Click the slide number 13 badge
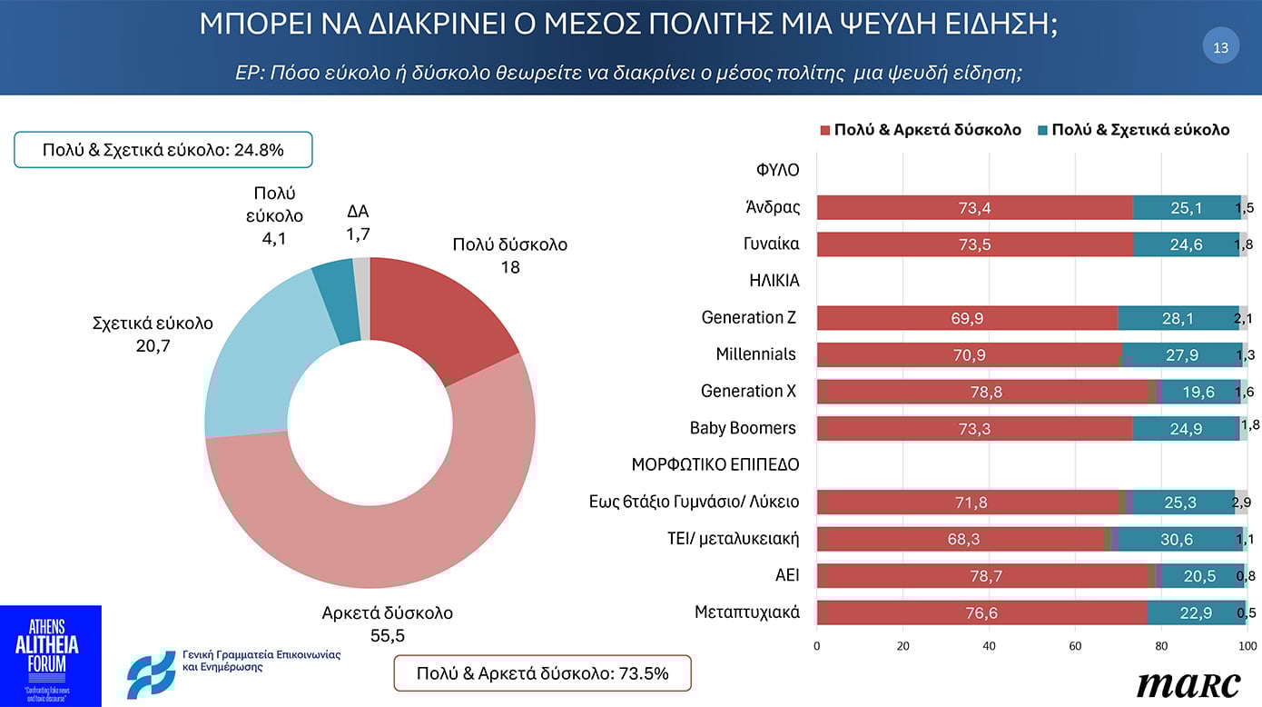(x=1220, y=47)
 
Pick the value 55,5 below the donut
(x=387, y=635)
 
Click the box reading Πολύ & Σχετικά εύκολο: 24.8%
(x=163, y=150)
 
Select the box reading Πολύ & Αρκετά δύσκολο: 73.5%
(x=542, y=673)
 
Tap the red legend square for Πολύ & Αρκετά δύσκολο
(x=825, y=130)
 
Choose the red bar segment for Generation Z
(x=967, y=318)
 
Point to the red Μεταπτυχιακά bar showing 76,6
(x=981, y=613)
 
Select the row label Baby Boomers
(x=742, y=428)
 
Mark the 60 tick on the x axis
(x=1075, y=646)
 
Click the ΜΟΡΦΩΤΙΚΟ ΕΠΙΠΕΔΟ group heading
(x=715, y=464)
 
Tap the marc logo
(x=1188, y=683)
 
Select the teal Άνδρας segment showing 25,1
(x=1187, y=208)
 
